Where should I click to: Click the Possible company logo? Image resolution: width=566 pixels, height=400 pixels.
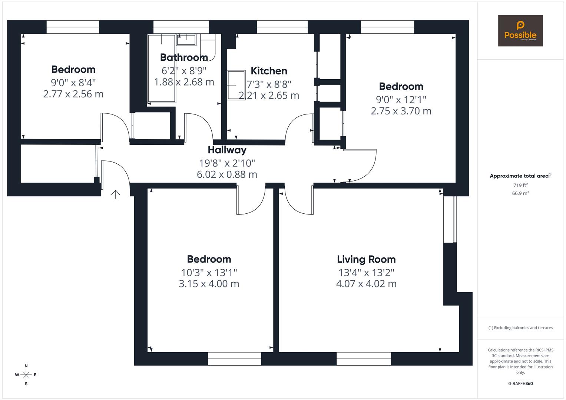pyautogui.click(x=520, y=31)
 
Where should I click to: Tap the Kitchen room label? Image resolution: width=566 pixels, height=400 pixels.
pyautogui.click(x=269, y=71)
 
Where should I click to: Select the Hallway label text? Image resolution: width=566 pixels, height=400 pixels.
pyautogui.click(x=227, y=150)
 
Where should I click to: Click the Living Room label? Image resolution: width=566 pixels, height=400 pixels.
pyautogui.click(x=366, y=259)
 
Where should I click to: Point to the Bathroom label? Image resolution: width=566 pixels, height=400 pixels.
pyautogui.click(x=184, y=57)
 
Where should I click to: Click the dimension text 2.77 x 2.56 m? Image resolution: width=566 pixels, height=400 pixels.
pyautogui.click(x=73, y=94)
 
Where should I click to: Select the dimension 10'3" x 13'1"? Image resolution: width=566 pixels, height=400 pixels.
pyautogui.click(x=209, y=273)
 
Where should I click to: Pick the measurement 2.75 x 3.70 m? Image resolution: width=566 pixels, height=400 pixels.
pyautogui.click(x=401, y=111)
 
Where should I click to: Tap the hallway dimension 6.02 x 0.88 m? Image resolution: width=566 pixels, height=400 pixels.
pyautogui.click(x=227, y=174)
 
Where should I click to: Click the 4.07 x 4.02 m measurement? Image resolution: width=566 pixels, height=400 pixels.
pyautogui.click(x=366, y=284)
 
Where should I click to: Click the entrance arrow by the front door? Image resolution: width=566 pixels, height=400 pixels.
pyautogui.click(x=116, y=194)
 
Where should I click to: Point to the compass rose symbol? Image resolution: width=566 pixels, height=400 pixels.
pyautogui.click(x=26, y=375)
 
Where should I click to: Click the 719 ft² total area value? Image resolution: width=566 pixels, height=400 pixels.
pyautogui.click(x=520, y=185)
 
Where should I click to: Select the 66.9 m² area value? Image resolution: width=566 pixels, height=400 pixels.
pyautogui.click(x=520, y=193)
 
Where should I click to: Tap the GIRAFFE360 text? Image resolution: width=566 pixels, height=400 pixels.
pyautogui.click(x=520, y=384)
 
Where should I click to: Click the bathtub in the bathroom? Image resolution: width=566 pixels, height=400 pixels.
pyautogui.click(x=162, y=69)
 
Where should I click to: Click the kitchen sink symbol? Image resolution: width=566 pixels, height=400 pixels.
pyautogui.click(x=236, y=85)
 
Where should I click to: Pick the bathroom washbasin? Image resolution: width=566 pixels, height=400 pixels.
pyautogui.click(x=186, y=39)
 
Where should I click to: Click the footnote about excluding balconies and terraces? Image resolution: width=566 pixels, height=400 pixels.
pyautogui.click(x=520, y=328)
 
